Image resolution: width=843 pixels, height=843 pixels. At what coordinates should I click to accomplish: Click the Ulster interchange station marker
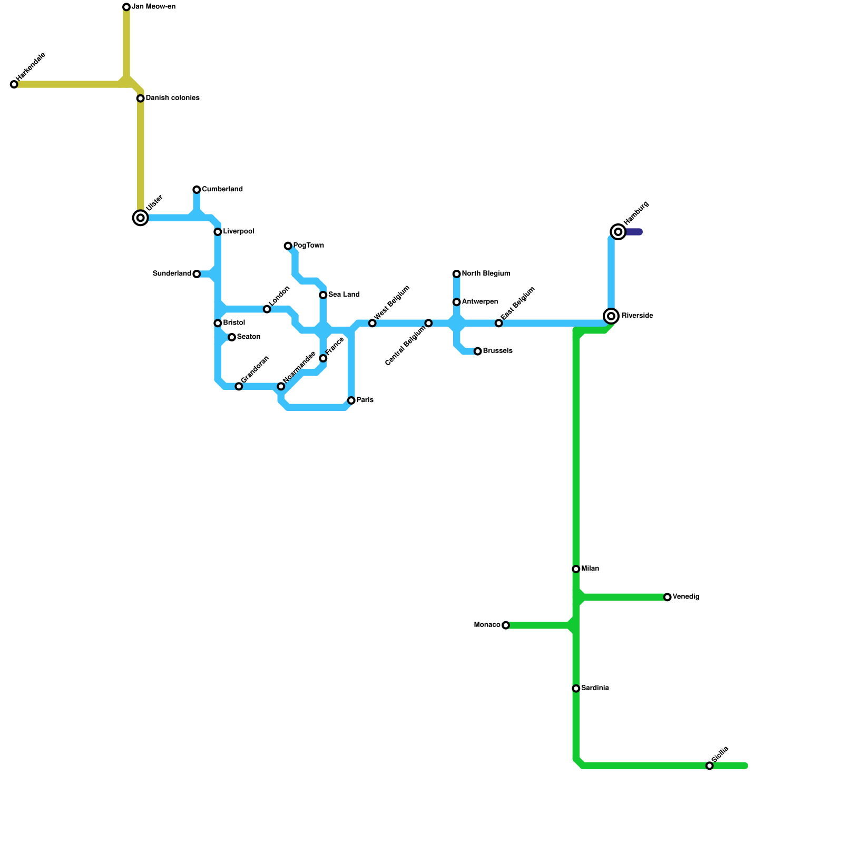click(x=140, y=218)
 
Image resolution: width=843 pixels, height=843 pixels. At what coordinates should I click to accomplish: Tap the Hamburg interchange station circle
click(x=618, y=232)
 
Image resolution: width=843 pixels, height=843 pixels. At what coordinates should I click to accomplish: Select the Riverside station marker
click(x=611, y=316)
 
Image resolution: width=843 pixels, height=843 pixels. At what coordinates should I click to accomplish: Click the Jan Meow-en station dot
click(x=126, y=7)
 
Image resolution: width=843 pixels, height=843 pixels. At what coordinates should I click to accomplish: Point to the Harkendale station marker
click(x=14, y=84)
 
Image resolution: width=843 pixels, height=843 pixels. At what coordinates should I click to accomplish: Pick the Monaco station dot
click(x=506, y=625)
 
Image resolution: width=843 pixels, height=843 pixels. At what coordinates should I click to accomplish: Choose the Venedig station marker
click(x=668, y=597)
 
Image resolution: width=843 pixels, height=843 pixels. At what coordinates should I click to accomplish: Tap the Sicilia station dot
click(x=710, y=766)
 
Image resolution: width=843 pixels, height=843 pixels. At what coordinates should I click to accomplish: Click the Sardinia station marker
click(x=576, y=689)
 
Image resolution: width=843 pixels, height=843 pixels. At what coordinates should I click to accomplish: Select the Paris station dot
click(x=351, y=400)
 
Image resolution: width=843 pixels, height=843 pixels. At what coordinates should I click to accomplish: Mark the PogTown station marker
click(x=288, y=246)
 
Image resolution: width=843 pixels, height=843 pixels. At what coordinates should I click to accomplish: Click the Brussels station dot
click(x=478, y=351)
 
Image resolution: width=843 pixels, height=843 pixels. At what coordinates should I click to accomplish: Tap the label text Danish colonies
click(x=172, y=98)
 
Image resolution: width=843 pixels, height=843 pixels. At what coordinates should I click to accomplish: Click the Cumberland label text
click(x=222, y=189)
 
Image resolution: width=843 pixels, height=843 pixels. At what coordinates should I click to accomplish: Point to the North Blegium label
click(x=486, y=273)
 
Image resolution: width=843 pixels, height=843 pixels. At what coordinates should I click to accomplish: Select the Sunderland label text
click(x=172, y=273)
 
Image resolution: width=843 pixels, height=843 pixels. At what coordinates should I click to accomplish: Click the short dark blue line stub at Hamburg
click(x=634, y=232)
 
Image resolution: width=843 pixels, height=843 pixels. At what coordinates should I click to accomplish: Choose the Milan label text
click(x=590, y=569)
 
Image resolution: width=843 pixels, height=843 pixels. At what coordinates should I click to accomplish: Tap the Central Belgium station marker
click(x=428, y=323)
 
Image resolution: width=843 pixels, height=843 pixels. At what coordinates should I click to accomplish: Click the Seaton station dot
click(x=232, y=337)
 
